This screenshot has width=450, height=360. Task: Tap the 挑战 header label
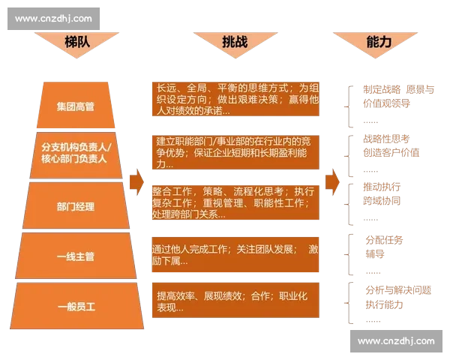[234, 43]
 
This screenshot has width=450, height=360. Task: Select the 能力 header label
[379, 43]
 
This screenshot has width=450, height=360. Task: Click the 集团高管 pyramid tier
[75, 106]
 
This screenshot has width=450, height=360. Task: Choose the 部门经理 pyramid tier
[75, 206]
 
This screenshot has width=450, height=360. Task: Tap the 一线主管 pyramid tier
[75, 256]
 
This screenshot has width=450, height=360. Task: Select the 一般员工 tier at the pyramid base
[75, 305]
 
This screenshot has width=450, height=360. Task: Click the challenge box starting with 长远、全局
[236, 98]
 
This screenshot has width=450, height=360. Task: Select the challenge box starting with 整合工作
[236, 202]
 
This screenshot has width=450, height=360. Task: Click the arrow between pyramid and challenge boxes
[136, 181]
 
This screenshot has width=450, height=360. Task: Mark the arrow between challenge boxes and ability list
[333, 181]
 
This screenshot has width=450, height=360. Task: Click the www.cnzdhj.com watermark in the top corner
[53, 18]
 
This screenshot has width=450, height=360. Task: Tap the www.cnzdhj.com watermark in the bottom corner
[396, 341]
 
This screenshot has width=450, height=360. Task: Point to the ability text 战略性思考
[386, 139]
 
